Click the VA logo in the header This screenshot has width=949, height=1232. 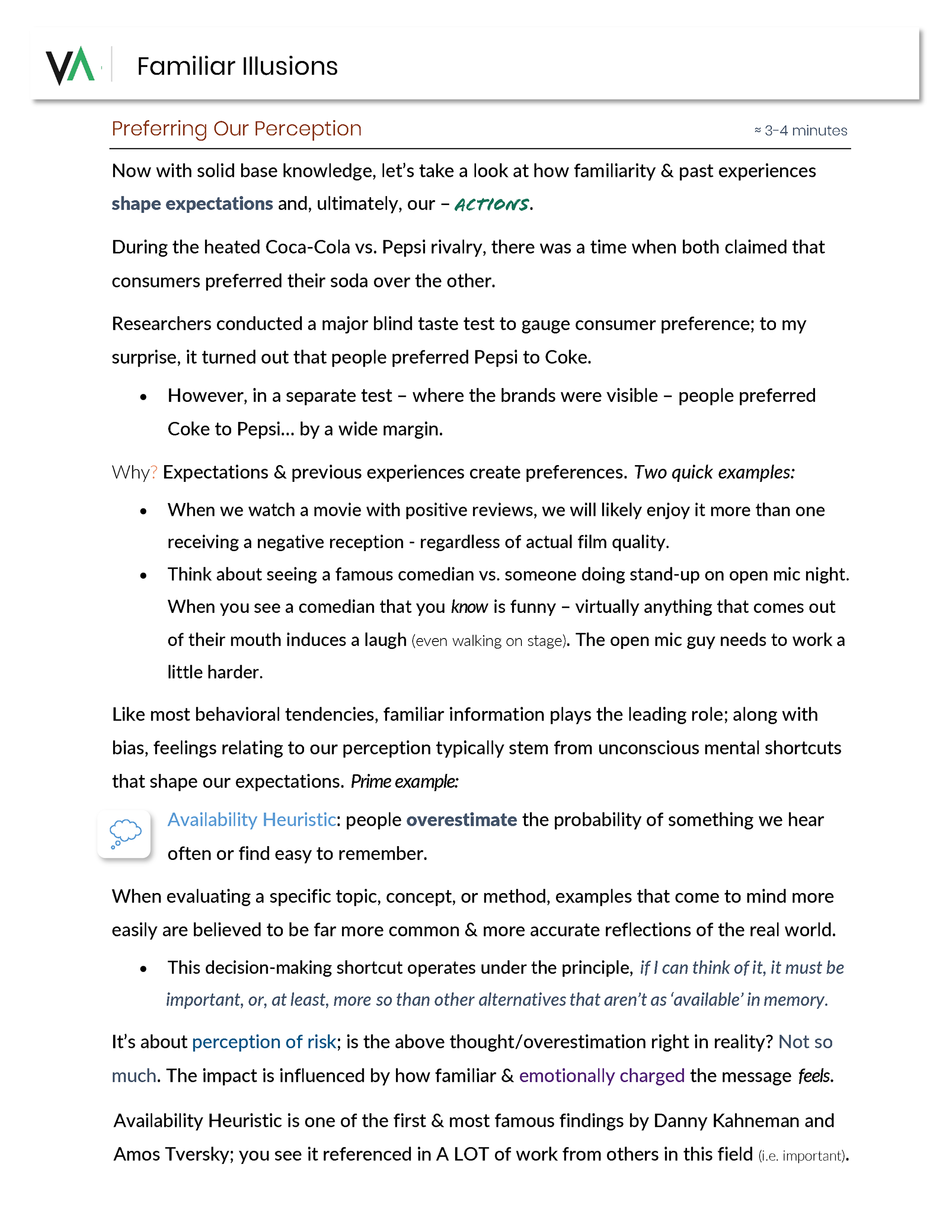[71, 65]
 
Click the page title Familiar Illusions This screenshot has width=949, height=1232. [237, 67]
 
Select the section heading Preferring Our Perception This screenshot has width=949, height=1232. [236, 128]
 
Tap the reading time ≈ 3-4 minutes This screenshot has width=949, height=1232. [800, 131]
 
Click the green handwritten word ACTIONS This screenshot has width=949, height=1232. [491, 204]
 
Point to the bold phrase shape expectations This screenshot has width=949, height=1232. [192, 204]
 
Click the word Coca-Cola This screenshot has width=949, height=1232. [307, 247]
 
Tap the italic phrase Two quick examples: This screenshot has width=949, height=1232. [714, 472]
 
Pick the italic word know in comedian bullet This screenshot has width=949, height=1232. [469, 607]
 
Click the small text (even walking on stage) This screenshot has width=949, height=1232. [489, 641]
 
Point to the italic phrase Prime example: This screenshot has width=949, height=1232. [404, 782]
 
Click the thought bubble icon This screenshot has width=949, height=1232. [124, 833]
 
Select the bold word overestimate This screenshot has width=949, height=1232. [461, 820]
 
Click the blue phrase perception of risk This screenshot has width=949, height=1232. [263, 1042]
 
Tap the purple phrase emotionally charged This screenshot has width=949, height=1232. [602, 1076]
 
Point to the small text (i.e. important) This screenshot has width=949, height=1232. [802, 1156]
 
